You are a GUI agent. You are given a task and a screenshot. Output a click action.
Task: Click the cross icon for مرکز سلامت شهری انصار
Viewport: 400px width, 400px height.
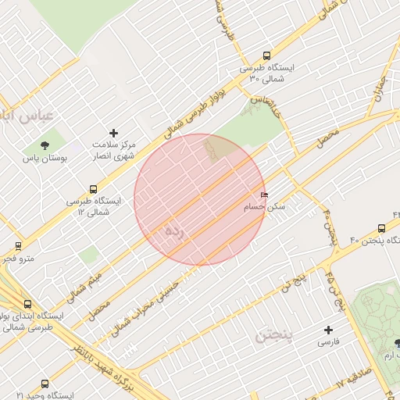[114, 133]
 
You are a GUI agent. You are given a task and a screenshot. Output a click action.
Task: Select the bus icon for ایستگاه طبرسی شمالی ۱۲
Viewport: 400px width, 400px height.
[95, 189]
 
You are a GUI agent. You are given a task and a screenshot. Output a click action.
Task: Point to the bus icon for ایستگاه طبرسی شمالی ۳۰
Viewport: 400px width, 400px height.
[267, 56]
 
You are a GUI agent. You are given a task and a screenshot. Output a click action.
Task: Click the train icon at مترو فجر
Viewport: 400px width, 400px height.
[18, 246]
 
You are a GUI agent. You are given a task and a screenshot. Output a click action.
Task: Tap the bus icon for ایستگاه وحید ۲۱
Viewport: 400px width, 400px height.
[45, 384]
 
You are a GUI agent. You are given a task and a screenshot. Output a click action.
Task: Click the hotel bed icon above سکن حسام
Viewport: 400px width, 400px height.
[264, 195]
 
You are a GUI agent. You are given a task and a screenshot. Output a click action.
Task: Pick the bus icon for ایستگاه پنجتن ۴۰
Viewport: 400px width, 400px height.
[381, 228]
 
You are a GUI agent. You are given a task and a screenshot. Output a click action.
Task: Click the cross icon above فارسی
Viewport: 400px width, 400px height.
[328, 330]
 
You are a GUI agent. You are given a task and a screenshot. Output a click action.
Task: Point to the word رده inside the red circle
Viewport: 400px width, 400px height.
[176, 232]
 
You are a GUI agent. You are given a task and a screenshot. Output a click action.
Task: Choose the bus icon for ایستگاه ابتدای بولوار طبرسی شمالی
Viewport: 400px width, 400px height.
[28, 304]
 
